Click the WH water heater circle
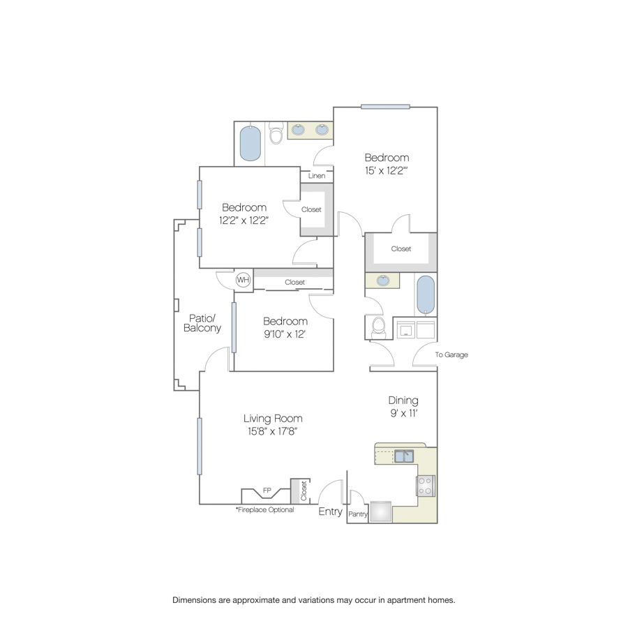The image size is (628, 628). click(x=243, y=280)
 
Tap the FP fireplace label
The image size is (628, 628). click(x=267, y=491)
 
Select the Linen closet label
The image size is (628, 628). click(x=317, y=175)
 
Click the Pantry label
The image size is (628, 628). click(x=358, y=514)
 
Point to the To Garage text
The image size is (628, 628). click(x=451, y=354)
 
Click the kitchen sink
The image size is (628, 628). click(x=404, y=456)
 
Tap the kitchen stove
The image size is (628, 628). click(x=426, y=486)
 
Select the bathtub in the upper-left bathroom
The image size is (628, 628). click(x=251, y=143)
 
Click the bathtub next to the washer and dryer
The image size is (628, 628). click(x=426, y=294)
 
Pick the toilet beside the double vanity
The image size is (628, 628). click(x=276, y=133)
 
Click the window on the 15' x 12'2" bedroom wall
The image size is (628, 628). click(x=385, y=107)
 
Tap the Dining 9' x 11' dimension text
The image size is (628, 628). click(x=404, y=413)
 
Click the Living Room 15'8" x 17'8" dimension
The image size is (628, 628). click(x=272, y=431)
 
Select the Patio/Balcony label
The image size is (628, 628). click(x=202, y=323)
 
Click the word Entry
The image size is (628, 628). click(x=331, y=511)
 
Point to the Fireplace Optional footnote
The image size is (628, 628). click(x=264, y=509)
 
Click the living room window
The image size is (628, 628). click(x=200, y=446)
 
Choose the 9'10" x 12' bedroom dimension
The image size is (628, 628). click(x=285, y=334)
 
